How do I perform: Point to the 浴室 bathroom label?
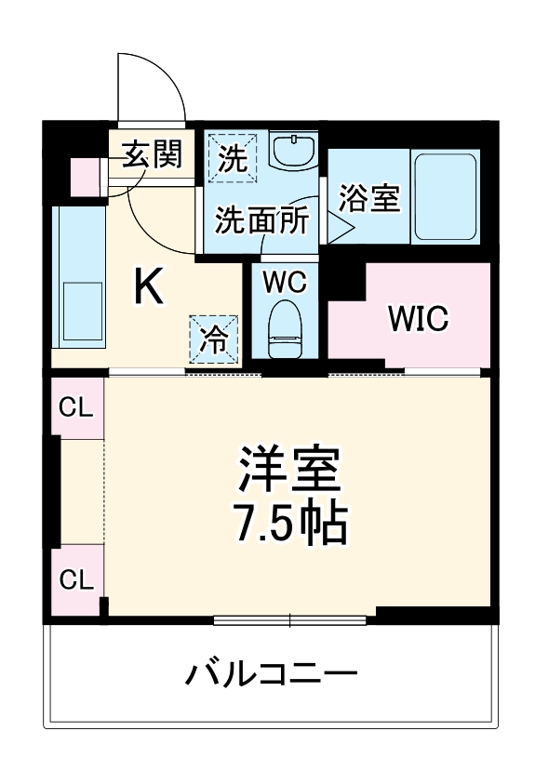tap(369, 198)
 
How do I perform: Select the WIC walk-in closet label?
tap(419, 317)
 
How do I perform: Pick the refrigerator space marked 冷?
tap(215, 339)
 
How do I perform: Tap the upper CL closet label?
tap(76, 406)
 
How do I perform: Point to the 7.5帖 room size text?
tap(290, 525)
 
